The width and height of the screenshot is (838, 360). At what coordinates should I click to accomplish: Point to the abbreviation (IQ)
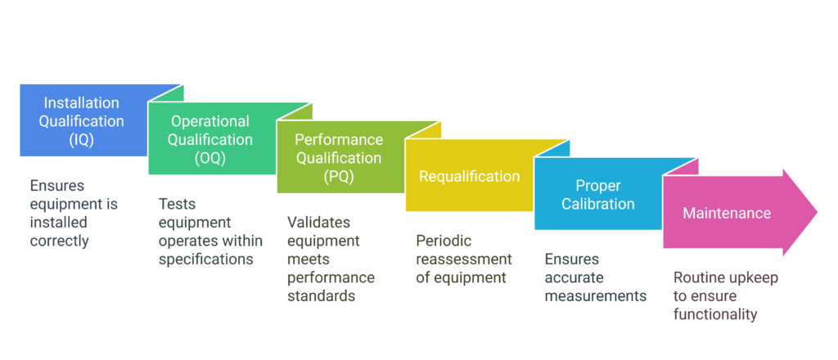81,139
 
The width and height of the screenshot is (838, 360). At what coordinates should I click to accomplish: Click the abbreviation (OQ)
210,158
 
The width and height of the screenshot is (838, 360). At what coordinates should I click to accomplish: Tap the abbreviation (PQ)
338,176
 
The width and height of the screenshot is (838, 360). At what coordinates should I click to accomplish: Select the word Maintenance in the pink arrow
727,213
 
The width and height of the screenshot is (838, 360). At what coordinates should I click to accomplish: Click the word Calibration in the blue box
597,204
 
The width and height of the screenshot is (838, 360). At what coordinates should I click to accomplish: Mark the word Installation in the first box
81,103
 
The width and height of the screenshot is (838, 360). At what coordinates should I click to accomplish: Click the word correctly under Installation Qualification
59,241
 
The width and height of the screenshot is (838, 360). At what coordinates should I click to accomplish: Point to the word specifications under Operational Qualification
205,259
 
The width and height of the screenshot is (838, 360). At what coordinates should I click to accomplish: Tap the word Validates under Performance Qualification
318,223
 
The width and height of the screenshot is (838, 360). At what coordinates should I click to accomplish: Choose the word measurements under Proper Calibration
596,295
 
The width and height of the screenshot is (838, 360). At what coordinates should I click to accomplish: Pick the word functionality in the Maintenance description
715,314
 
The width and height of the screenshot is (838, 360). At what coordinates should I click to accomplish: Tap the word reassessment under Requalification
464,259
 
